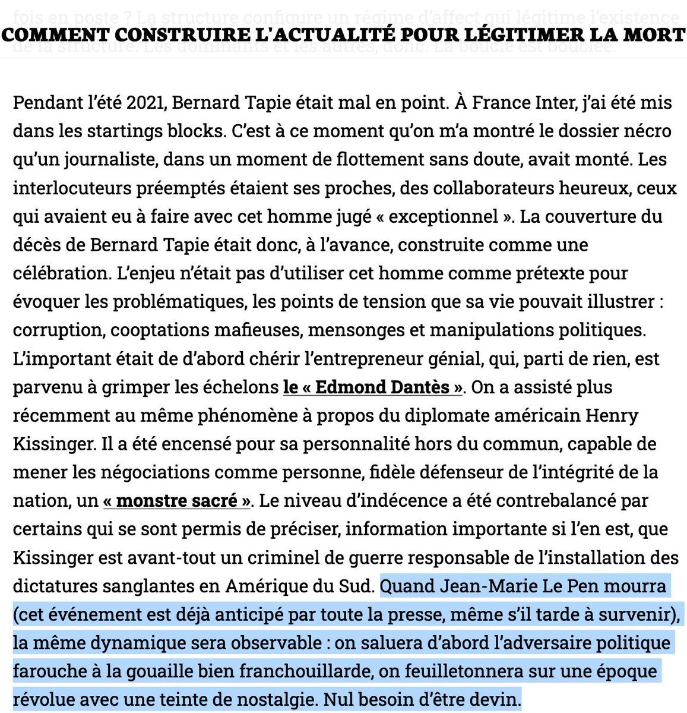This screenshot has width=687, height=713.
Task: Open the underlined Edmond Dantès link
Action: coord(373,387)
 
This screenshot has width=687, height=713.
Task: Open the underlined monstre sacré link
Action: coord(177,500)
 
